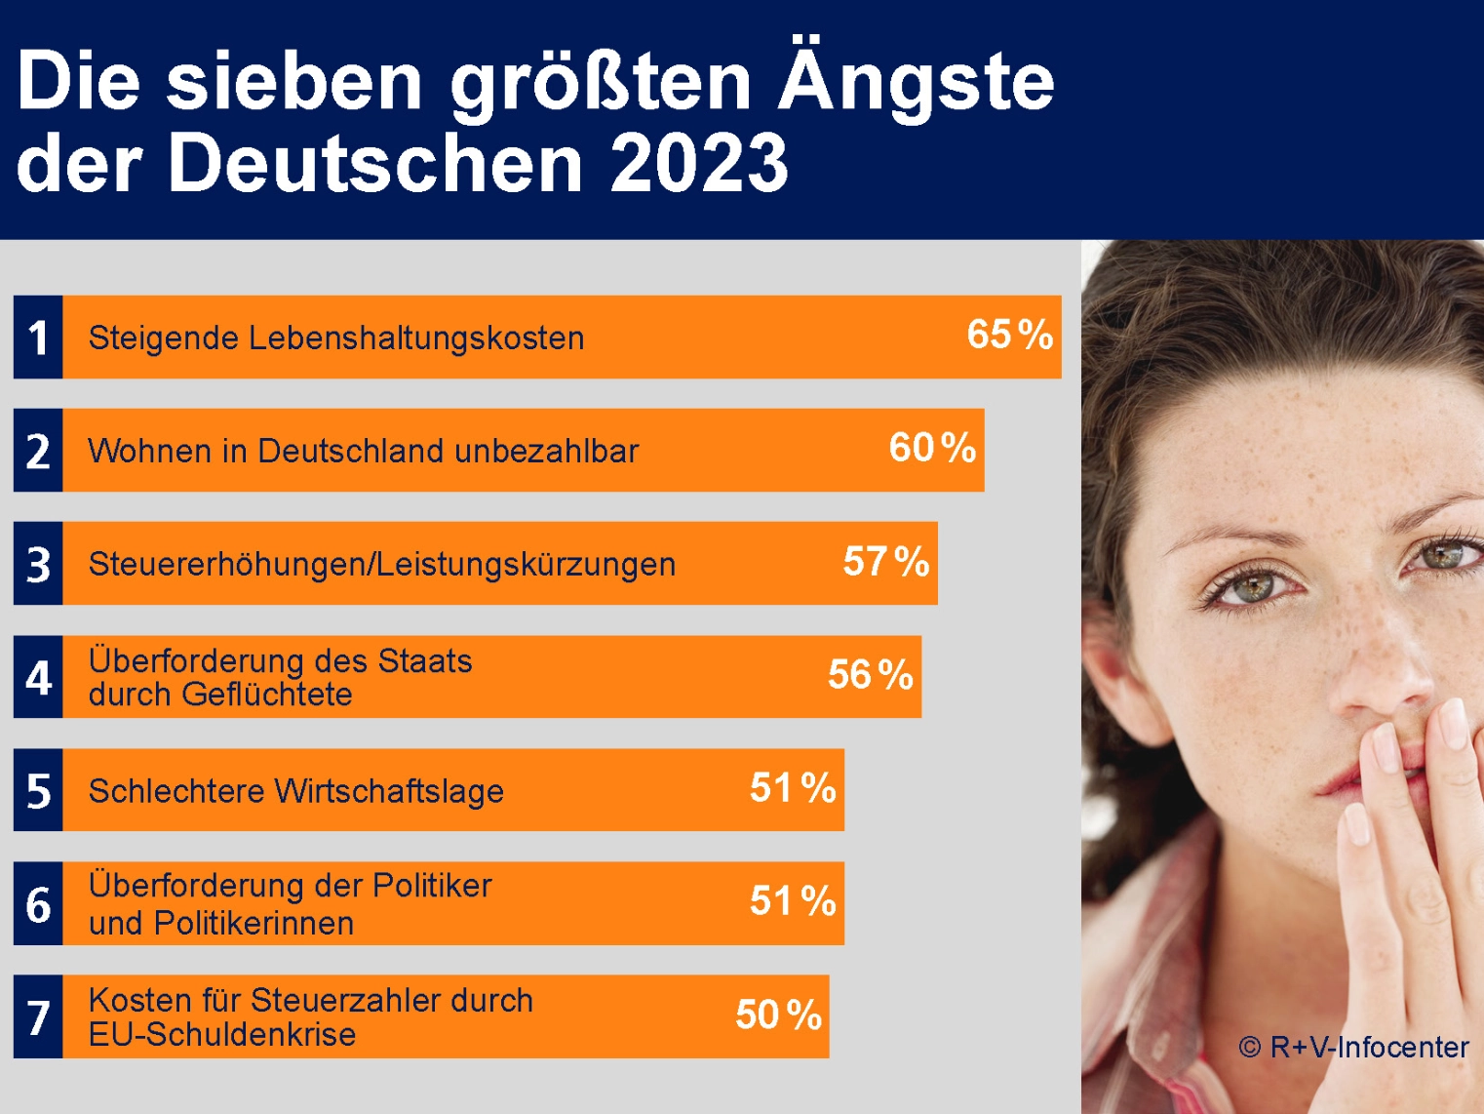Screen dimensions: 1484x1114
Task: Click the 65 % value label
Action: [x=1009, y=335]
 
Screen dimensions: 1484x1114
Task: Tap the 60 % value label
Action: [x=932, y=448]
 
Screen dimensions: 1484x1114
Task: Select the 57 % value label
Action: [x=885, y=562]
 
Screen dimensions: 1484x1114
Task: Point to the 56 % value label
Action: [x=870, y=674]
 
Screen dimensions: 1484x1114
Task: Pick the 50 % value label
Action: [x=778, y=1015]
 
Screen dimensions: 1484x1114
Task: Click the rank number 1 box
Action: [x=38, y=337]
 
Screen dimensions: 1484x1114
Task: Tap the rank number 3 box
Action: [x=38, y=564]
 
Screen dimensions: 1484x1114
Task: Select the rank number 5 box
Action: [x=38, y=790]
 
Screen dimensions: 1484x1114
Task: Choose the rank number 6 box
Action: [x=38, y=903]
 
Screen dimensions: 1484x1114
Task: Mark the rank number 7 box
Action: [x=38, y=1016]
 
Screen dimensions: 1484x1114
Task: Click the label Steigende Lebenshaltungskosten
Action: [x=336, y=338]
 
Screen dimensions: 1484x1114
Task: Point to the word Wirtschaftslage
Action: [x=389, y=791]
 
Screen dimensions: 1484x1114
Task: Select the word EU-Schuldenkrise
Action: [x=221, y=1034]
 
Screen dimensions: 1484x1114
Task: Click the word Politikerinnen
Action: [x=254, y=923]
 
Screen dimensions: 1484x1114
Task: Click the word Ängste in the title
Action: [x=917, y=80]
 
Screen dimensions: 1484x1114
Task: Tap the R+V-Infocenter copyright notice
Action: [x=1353, y=1047]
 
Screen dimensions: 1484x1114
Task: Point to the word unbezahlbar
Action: [x=546, y=451]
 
